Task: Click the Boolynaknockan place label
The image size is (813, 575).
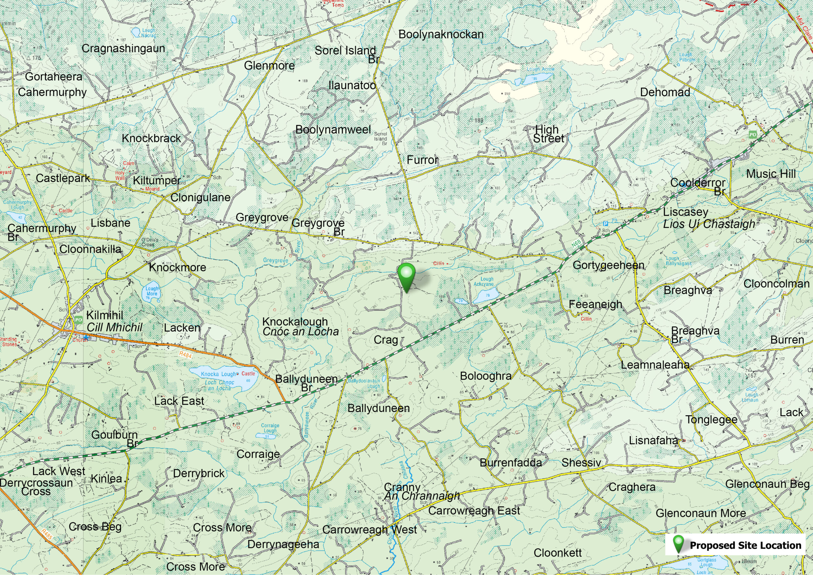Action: pyautogui.click(x=440, y=34)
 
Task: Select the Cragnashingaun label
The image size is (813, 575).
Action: pyautogui.click(x=123, y=48)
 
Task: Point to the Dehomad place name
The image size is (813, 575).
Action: pyautogui.click(x=665, y=92)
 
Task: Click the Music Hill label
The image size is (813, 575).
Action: pyautogui.click(x=771, y=174)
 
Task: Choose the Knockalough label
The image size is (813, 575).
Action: pyautogui.click(x=295, y=322)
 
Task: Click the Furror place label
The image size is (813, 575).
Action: pyautogui.click(x=422, y=160)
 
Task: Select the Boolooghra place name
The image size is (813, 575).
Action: pyautogui.click(x=486, y=376)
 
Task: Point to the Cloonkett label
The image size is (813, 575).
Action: pyautogui.click(x=558, y=552)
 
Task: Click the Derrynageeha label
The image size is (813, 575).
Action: pyautogui.click(x=283, y=544)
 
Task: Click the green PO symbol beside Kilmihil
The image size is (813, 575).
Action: pyautogui.click(x=78, y=320)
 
